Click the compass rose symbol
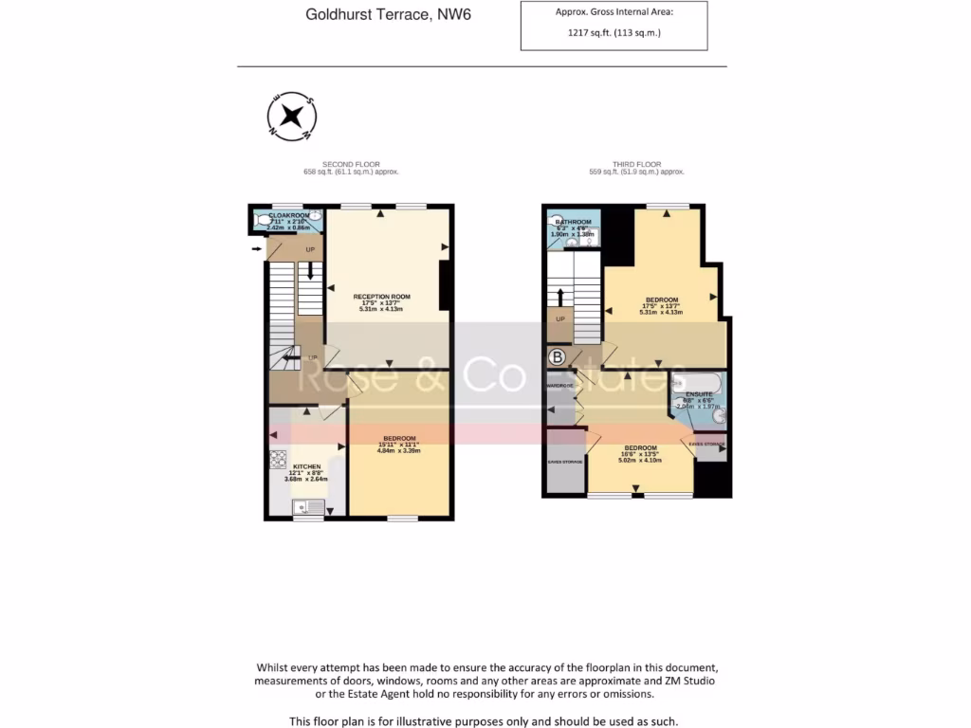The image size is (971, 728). point(292,117)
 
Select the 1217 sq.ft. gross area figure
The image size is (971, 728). point(614,32)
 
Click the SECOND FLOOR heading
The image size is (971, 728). point(350,164)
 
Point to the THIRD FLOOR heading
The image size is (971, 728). point(636,164)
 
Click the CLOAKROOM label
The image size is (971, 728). point(289,215)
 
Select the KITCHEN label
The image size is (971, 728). point(306,467)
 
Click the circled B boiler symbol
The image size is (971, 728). point(557,357)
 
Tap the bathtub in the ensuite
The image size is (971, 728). point(697,384)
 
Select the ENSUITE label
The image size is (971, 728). point(699,393)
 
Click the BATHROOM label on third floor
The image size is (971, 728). point(573,222)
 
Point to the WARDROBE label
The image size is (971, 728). point(559,387)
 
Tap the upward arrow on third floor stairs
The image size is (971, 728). point(560,295)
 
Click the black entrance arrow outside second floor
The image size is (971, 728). point(257,249)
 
